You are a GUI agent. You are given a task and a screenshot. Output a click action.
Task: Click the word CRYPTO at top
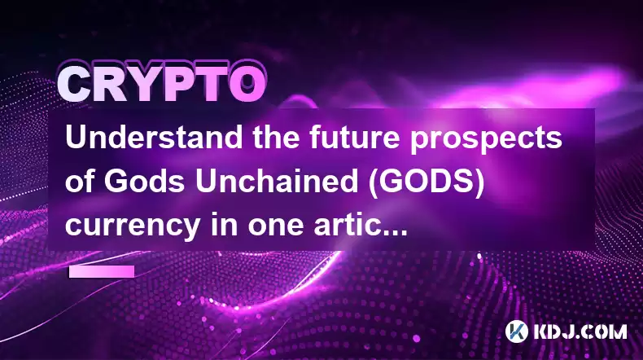161,84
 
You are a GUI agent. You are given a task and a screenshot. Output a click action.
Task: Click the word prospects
486,139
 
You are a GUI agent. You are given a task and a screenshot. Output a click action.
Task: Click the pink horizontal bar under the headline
101,271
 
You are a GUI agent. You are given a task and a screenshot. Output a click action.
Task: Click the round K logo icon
516,331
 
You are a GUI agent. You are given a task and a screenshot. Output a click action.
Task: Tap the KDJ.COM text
580,331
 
